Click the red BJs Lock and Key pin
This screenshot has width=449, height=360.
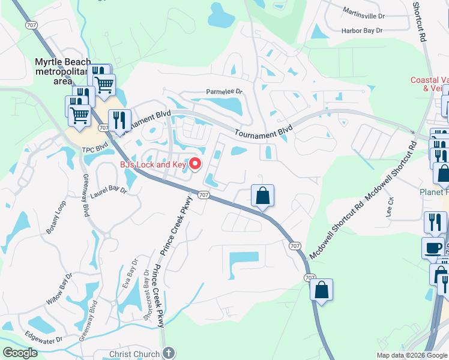(x=195, y=163)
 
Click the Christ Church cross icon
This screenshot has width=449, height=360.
(x=169, y=353)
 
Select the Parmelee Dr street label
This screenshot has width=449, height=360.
(x=223, y=92)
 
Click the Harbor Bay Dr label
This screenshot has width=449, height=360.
(x=361, y=30)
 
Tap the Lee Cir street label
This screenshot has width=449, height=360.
(x=390, y=208)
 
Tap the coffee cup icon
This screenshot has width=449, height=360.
(x=433, y=248)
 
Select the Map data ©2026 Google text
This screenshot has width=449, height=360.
(x=412, y=355)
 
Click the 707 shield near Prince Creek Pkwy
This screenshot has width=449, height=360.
(x=203, y=195)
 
